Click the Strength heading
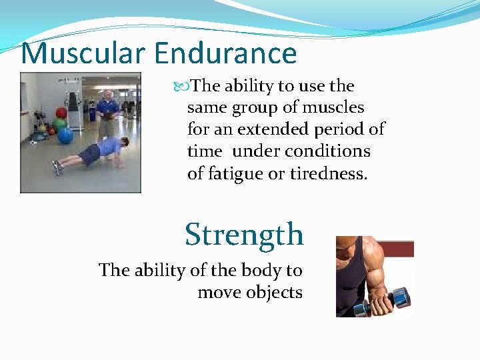pos(244,235)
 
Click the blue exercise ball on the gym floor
pos(65,135)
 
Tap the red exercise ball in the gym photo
pos(61,113)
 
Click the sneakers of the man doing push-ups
pos(57,167)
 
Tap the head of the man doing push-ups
pos(125,143)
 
